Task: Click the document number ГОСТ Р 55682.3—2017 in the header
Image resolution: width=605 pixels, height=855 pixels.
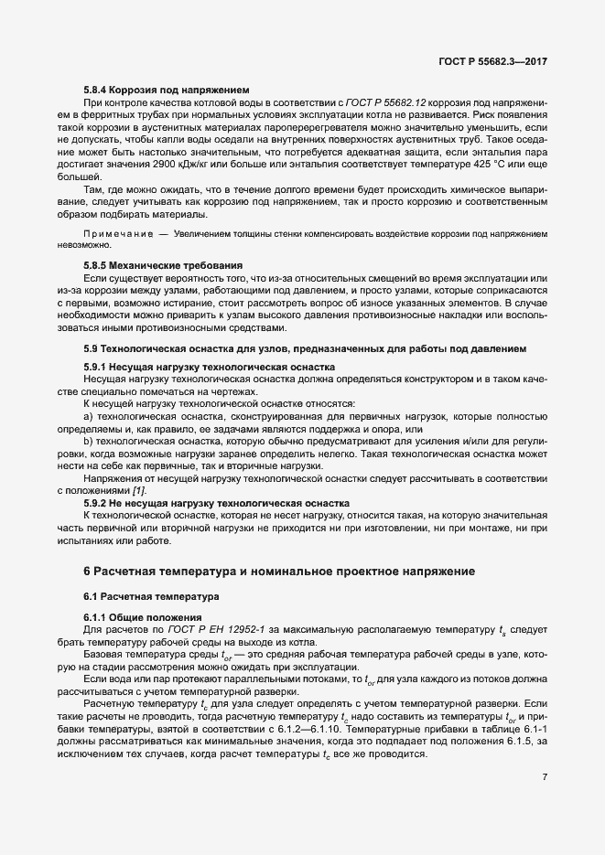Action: pyautogui.click(x=493, y=61)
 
